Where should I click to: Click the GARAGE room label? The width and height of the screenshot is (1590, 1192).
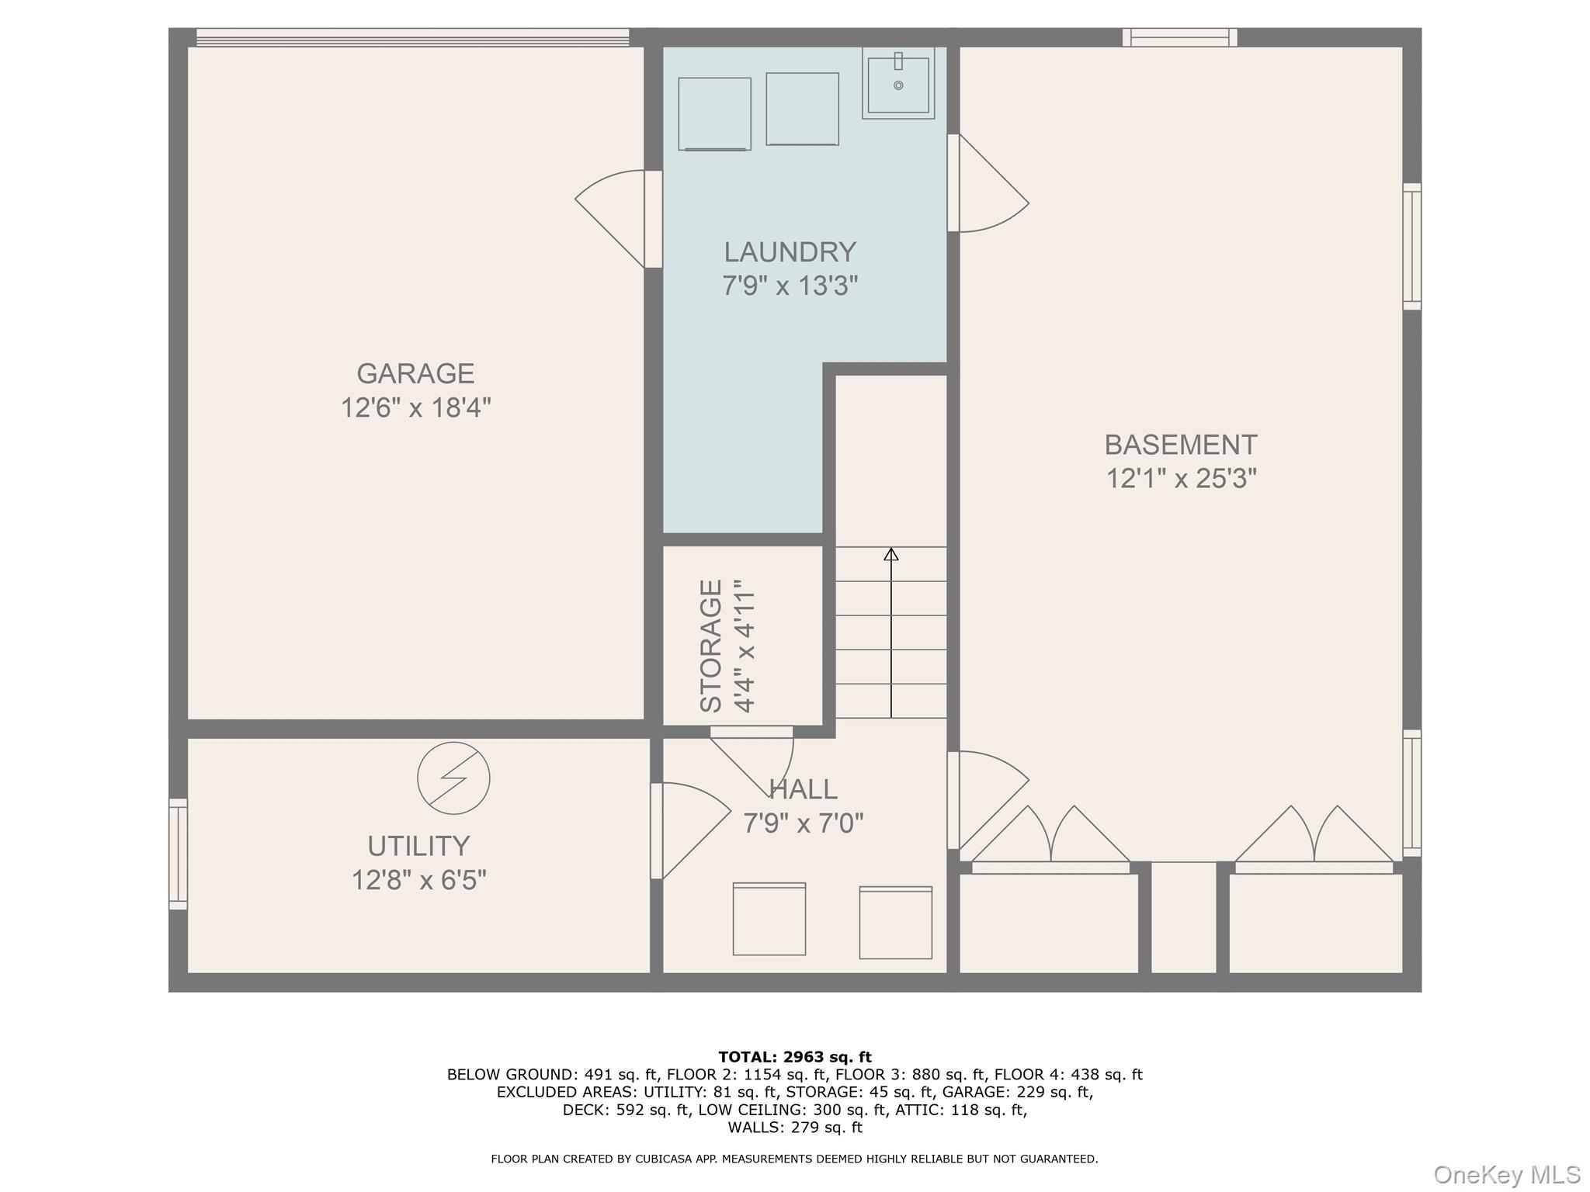pos(415,373)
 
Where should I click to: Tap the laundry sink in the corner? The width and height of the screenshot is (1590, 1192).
pos(898,83)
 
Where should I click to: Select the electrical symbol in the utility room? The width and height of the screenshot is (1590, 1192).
pos(453,778)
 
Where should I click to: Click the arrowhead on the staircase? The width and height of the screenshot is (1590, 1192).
pos(891,554)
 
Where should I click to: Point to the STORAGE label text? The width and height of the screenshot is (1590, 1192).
pos(711,646)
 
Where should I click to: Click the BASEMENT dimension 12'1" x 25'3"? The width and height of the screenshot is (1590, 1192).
pos(1181,479)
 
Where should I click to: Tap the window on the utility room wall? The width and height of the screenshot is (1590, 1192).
pos(179,854)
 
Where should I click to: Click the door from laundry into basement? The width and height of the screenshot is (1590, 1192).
pos(988,183)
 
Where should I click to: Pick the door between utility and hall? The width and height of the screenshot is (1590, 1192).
pos(691,831)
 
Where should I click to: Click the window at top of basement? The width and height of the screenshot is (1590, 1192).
pos(1179,37)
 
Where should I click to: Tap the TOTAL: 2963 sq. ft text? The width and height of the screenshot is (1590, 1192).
pos(795,1057)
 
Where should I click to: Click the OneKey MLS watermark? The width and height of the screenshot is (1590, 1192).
pos(1507,1175)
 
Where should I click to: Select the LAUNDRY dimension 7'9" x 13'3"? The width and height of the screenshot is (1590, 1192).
pos(790,286)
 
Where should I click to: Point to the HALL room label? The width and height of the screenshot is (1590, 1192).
pos(803,789)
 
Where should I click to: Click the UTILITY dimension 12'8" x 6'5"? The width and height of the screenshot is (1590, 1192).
pos(419,881)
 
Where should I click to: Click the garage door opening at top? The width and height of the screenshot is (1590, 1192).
pos(412,37)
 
